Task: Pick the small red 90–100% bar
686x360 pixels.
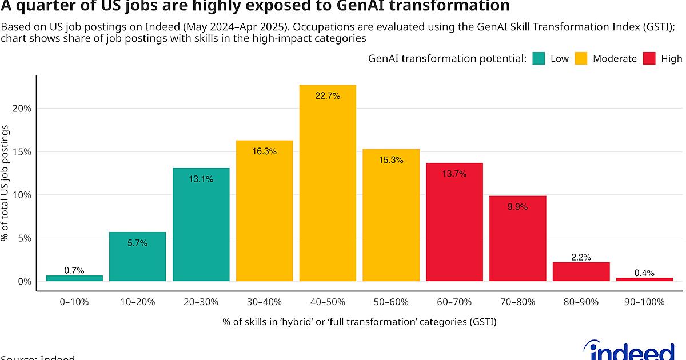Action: [x=644, y=279]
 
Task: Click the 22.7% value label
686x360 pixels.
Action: [x=328, y=96]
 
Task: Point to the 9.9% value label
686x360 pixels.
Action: [x=517, y=207]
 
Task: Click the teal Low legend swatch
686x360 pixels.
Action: [x=538, y=58]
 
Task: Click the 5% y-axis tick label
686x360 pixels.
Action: [x=23, y=238]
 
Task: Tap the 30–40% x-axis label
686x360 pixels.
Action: [x=264, y=302]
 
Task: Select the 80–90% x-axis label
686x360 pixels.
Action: [x=581, y=302]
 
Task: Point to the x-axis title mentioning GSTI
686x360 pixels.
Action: [x=360, y=322]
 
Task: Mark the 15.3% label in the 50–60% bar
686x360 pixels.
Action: [x=391, y=161]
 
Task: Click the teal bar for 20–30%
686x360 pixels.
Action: [x=201, y=229]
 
